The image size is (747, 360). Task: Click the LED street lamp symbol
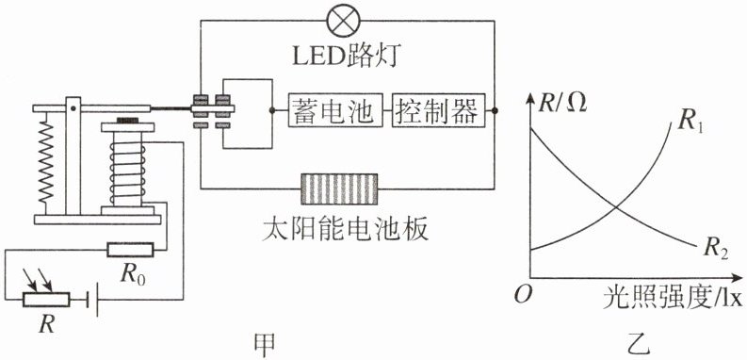344,21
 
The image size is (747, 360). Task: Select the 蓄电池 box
335,110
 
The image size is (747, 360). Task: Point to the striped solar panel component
339,188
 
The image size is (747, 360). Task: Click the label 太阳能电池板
346,230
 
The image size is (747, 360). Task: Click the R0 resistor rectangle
130,250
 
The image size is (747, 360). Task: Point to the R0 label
134,274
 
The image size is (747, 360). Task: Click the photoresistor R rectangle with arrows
46,300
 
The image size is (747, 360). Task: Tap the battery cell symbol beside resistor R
93,301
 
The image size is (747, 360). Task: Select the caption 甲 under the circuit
265,345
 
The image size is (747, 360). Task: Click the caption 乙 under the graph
638,345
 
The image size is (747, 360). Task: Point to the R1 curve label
690,123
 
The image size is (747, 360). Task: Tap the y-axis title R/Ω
562,103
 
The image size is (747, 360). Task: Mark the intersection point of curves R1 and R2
616,207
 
